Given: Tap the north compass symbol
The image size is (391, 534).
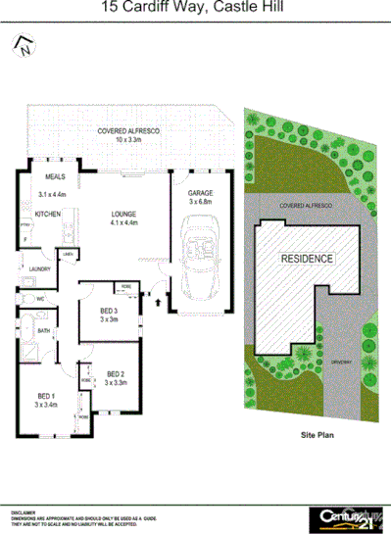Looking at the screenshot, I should coord(21,45).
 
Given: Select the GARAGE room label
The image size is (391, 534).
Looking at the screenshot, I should coord(200,194).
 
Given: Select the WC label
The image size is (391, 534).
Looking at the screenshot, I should coord(41,299).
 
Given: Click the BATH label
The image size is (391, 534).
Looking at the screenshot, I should coord(43,331).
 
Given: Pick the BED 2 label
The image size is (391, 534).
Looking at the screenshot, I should coord(116,373).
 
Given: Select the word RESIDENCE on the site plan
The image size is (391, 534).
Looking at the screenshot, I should coord(307,259).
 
